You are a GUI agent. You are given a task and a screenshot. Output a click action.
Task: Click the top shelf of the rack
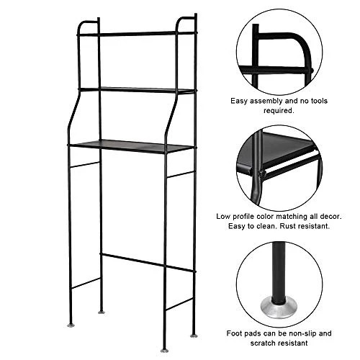pos(137,34)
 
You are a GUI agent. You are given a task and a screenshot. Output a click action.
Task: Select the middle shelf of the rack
pos(137,90)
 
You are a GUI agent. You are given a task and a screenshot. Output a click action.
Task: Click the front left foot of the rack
pos(70,325)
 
